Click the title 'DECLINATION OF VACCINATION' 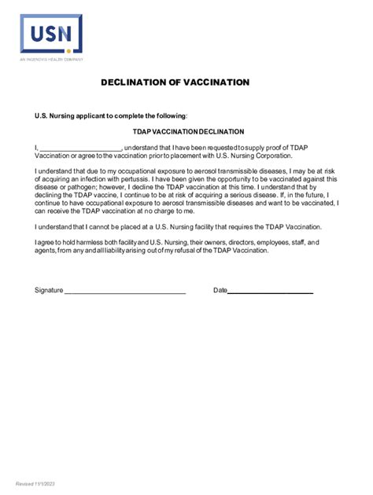175,82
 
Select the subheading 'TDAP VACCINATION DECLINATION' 187,132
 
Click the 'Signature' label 49,291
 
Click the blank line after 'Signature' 124,291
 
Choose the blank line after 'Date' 270,291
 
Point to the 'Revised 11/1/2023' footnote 34,483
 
